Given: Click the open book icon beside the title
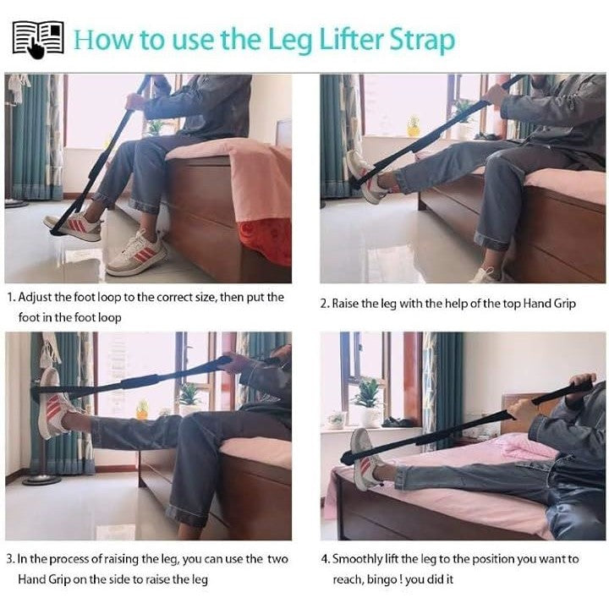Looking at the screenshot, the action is tap(38, 40).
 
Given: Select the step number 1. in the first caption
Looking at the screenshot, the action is tap(12, 298).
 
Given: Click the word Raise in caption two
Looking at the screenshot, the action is tap(345, 304).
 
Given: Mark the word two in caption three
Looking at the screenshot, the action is tap(277, 560).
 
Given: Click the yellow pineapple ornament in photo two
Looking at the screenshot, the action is tap(414, 126).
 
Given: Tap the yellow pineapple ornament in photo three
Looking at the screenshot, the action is tap(142, 409).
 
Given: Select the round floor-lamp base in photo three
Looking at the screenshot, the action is tap(42, 480).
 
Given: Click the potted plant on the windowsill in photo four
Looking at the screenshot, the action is tap(367, 402).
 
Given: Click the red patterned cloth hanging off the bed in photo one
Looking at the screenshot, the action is tap(266, 242).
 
